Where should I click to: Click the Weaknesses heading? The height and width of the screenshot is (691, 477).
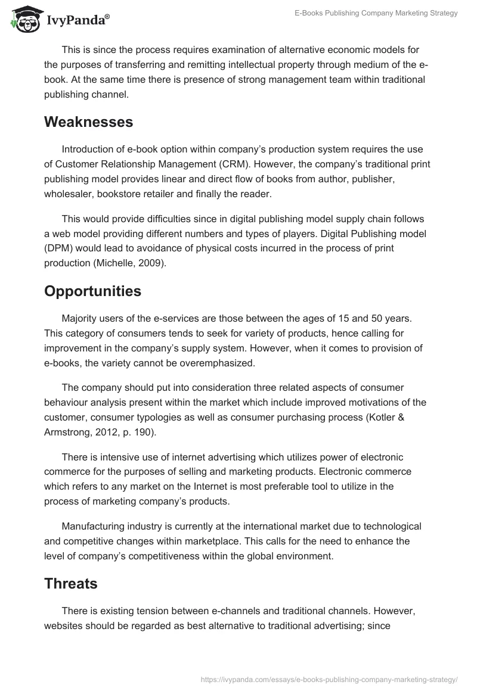(88, 122)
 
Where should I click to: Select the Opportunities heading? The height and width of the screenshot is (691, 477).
(92, 291)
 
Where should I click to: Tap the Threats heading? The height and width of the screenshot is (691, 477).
(70, 584)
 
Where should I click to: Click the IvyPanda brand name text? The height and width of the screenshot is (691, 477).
(77, 21)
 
